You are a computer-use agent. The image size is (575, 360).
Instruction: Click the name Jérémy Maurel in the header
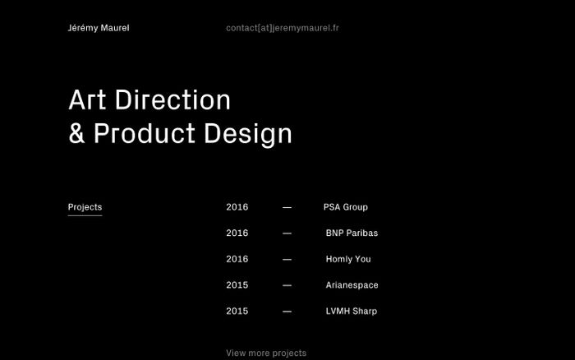(x=99, y=28)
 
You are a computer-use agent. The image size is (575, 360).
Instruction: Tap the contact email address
(x=283, y=28)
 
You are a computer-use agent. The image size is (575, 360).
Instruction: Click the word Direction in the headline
(x=172, y=99)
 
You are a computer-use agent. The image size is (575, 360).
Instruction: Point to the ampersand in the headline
(x=76, y=133)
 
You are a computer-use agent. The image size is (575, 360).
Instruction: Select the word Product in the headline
(x=144, y=133)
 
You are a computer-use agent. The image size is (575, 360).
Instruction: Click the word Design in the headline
(x=248, y=134)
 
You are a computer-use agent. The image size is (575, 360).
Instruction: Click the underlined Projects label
(x=85, y=208)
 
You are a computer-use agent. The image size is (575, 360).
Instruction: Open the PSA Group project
(x=346, y=207)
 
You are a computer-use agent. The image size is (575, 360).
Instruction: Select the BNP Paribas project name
(x=352, y=233)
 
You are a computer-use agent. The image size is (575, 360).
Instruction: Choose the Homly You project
(x=348, y=260)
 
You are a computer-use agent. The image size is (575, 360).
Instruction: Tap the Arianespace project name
(x=352, y=285)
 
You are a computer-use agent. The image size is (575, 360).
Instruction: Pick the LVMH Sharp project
(x=352, y=312)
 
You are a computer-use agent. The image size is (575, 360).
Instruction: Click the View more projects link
(x=266, y=353)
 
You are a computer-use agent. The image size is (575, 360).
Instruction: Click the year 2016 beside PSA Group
(x=237, y=207)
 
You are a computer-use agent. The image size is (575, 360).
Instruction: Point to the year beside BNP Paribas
(x=237, y=233)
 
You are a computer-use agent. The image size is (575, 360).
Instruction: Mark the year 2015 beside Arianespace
(x=237, y=285)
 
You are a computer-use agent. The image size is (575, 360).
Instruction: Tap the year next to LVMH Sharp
(x=237, y=312)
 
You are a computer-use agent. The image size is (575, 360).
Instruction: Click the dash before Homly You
(x=287, y=260)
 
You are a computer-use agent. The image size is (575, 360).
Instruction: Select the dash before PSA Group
(x=287, y=208)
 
